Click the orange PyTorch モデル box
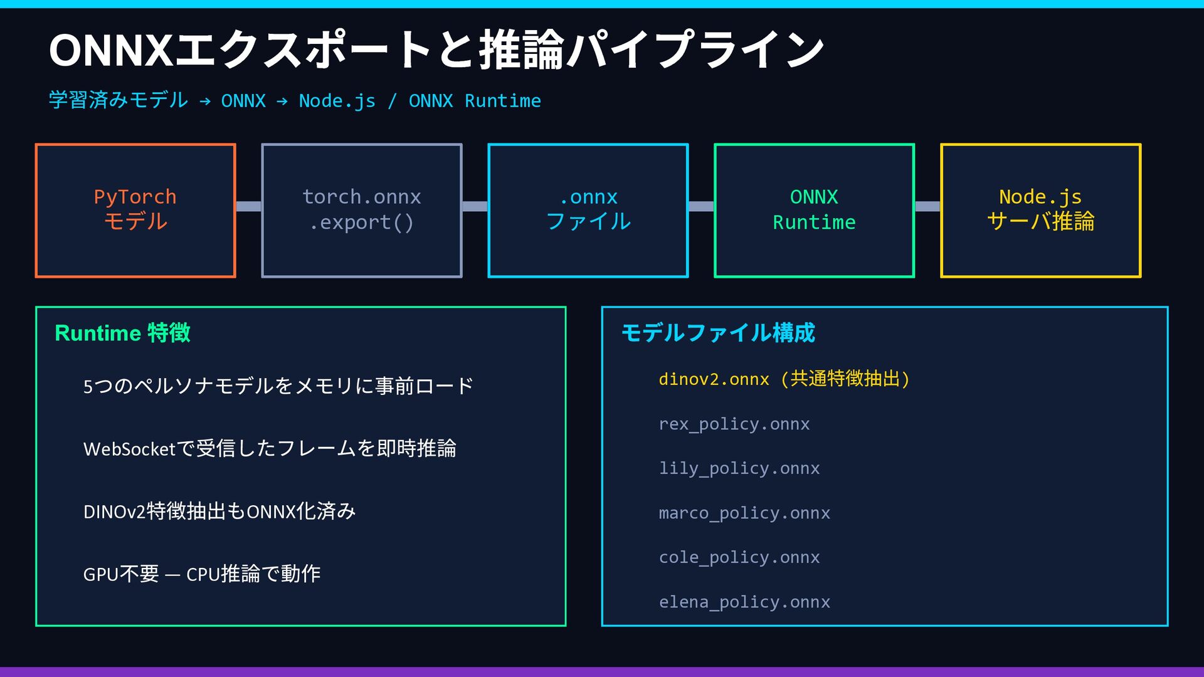135,210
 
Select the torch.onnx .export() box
362,210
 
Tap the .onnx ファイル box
588,210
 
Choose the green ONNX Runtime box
814,210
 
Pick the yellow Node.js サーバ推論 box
1040,210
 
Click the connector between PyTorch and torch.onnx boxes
248,206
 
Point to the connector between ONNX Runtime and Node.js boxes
927,206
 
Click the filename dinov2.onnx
714,379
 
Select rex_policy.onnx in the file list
734,424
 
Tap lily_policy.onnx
739,469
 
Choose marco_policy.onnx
744,513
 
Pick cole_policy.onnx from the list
739,558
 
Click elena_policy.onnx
744,602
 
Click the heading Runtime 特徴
122,333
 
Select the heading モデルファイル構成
718,333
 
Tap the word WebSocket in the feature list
129,449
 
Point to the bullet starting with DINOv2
219,512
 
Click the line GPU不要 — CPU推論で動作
202,574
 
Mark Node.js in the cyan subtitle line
337,101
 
